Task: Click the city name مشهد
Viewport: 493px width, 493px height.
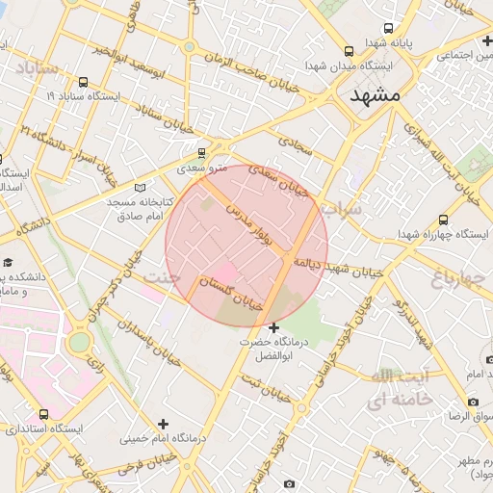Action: (365, 97)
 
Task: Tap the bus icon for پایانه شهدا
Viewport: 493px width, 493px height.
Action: (388, 28)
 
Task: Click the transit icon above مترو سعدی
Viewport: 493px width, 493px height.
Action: (201, 152)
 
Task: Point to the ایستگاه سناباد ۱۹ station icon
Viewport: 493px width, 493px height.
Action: (83, 82)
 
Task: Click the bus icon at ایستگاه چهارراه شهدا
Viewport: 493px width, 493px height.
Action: (443, 220)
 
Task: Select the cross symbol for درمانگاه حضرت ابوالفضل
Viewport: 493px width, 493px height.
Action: (274, 328)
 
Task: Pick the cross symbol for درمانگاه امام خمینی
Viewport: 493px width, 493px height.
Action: (163, 424)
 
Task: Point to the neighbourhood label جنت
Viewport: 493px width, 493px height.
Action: (161, 277)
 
